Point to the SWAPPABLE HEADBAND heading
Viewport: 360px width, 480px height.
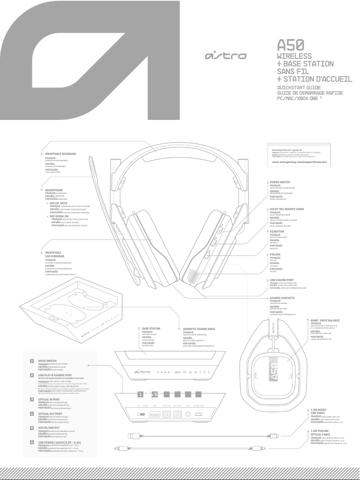[x=61, y=154]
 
